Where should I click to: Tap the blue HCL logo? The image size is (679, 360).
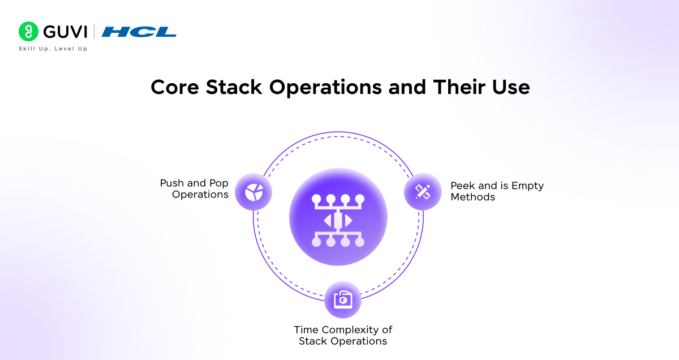[x=139, y=32]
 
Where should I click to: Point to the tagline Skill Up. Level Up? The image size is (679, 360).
[x=53, y=49]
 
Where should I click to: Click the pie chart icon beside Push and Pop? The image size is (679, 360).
[x=253, y=192]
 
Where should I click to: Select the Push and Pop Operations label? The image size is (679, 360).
[x=194, y=189]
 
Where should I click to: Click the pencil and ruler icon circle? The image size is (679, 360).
[x=423, y=192]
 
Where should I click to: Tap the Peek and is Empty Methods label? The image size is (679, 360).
[x=497, y=191]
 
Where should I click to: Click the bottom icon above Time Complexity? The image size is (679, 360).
[x=343, y=299]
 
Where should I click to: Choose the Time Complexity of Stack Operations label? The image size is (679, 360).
[x=343, y=335]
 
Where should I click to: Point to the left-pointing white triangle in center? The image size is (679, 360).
[x=328, y=220]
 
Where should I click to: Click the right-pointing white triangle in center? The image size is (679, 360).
[x=349, y=220]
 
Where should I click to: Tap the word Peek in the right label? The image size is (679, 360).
[x=463, y=186]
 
